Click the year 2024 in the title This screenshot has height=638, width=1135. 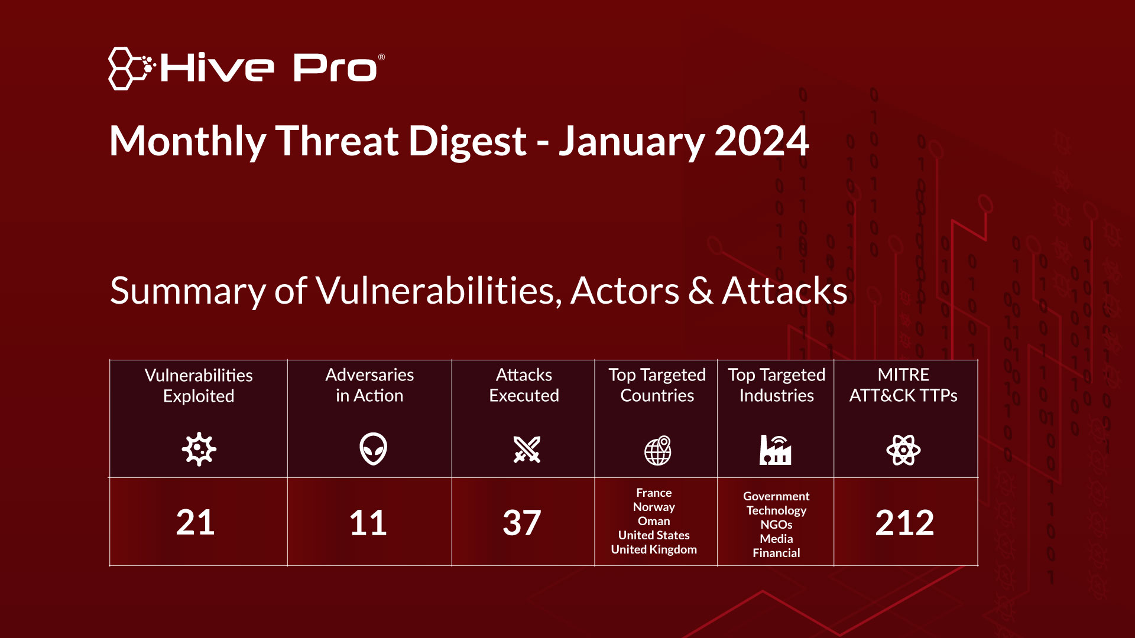[761, 141]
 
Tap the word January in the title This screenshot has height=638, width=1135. [632, 142]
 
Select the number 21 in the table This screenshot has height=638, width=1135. [195, 523]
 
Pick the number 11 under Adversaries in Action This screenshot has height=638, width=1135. [368, 523]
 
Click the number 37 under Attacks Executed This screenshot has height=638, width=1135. [522, 523]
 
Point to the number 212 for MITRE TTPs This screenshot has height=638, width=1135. [904, 523]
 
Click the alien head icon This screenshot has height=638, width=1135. [373, 449]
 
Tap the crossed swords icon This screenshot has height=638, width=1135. [527, 450]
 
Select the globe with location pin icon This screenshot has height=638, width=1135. [658, 451]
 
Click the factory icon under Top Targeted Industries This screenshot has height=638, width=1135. [776, 450]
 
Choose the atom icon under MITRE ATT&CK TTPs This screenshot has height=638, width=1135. [903, 450]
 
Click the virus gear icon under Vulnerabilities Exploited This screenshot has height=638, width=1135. [199, 450]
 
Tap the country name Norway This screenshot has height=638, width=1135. [654, 507]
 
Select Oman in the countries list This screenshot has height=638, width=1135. [654, 521]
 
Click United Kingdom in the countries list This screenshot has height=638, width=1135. [654, 549]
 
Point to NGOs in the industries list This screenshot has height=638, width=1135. [776, 525]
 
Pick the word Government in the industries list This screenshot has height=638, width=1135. [776, 496]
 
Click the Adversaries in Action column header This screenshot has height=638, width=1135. [369, 385]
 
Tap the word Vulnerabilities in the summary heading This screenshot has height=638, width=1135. [439, 291]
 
